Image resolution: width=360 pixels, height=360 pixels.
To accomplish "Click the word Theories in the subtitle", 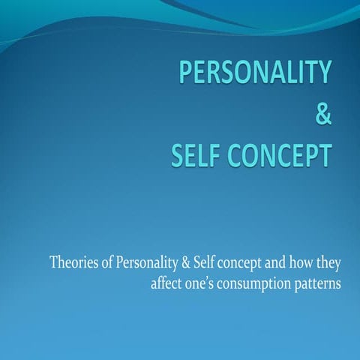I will (71, 264).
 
